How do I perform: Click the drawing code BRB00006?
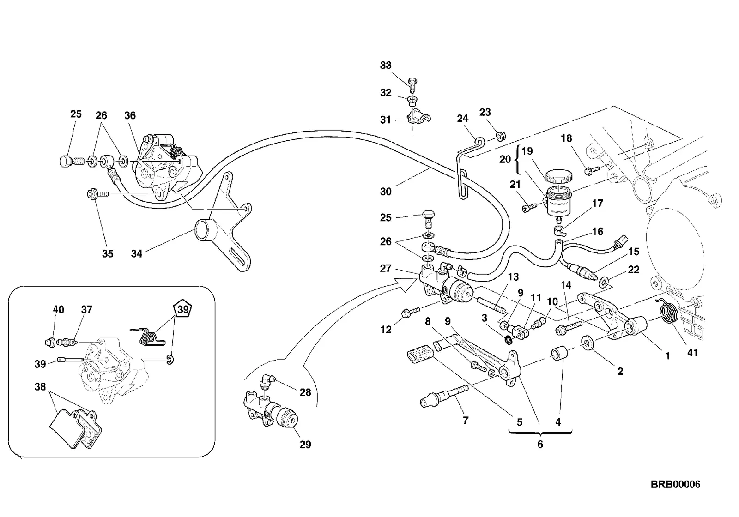click(675, 484)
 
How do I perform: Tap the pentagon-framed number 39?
click(183, 309)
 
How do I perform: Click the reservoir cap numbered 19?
click(558, 176)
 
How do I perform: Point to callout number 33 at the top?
click(386, 65)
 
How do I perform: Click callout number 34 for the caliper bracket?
click(137, 253)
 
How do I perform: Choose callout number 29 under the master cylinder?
click(305, 445)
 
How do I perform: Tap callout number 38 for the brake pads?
click(40, 386)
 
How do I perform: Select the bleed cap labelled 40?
click(50, 343)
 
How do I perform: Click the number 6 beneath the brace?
click(540, 444)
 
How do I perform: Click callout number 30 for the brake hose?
click(386, 192)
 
